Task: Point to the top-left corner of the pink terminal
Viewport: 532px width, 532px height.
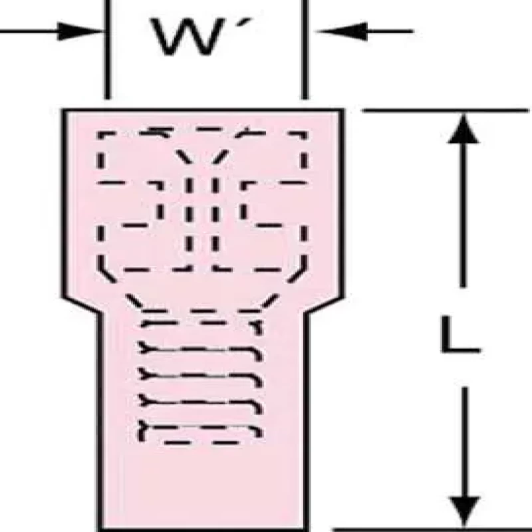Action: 64,110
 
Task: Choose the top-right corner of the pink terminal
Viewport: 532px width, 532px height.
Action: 344,110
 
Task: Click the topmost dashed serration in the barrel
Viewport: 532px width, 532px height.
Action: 199,325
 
